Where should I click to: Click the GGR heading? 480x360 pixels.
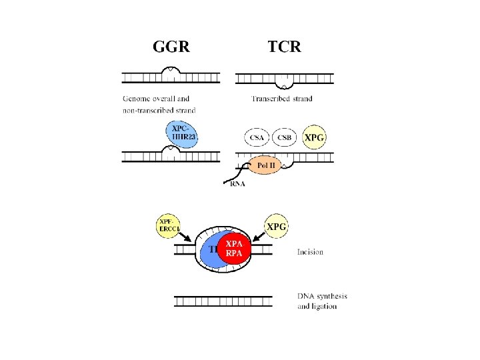coord(172,47)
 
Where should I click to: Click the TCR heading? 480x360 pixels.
coord(284,47)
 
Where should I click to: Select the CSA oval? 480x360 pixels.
coord(257,137)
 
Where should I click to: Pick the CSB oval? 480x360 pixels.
coord(284,137)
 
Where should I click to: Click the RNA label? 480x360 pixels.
coord(237,185)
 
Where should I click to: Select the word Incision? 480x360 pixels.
coord(310,252)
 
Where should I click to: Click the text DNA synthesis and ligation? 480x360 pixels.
coord(322,301)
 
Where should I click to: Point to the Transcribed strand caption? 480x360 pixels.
coord(282,99)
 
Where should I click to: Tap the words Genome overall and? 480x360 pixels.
coord(156,99)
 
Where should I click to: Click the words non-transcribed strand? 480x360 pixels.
coord(159,109)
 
